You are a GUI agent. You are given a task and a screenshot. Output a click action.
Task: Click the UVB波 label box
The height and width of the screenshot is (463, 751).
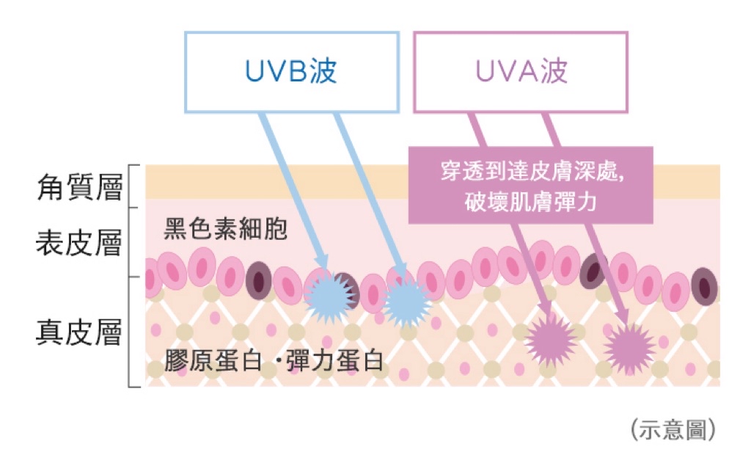[292, 73]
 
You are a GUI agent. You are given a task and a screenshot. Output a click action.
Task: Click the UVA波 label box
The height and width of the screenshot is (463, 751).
[521, 73]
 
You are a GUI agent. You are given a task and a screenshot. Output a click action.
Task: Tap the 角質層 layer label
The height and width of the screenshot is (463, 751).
[79, 187]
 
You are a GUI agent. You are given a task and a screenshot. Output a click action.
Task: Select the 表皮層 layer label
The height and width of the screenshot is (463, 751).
[79, 242]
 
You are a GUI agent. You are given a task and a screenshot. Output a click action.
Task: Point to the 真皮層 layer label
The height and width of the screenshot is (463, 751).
[79, 332]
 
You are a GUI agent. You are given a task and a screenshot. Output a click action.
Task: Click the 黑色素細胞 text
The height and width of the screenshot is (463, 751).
[226, 229]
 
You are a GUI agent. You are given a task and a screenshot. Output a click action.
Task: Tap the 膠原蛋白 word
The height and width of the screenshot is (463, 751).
[213, 360]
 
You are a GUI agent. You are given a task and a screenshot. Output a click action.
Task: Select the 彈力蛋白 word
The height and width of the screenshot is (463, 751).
[335, 360]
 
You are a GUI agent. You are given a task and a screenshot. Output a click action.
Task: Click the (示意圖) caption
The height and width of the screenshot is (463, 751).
[673, 429]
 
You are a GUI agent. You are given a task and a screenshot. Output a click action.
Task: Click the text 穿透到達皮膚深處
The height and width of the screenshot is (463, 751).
[532, 171]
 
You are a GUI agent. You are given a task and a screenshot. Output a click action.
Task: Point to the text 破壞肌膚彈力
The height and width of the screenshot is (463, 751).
[531, 201]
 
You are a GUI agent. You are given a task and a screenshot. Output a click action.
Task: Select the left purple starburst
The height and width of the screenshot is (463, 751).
[551, 339]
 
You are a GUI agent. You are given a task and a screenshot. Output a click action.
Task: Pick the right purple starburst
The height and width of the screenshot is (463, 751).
[629, 349]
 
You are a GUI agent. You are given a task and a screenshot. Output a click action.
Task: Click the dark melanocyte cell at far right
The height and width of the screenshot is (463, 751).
[704, 287]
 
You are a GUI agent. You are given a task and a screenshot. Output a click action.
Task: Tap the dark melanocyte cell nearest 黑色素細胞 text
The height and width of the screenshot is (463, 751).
[259, 281]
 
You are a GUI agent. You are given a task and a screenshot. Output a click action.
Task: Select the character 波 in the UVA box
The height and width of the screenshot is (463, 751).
[554, 71]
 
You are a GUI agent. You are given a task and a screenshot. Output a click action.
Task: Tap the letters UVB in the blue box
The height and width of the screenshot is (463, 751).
[276, 71]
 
